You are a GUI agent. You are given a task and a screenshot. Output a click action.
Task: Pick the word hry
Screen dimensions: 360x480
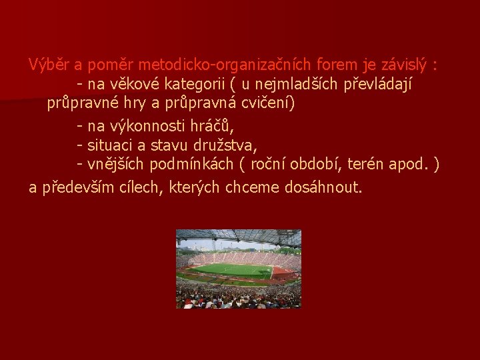click(x=141, y=104)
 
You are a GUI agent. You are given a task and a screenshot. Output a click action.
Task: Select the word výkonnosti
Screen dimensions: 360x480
click(x=149, y=126)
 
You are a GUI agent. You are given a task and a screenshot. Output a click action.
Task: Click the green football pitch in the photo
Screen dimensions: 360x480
click(x=231, y=270)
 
